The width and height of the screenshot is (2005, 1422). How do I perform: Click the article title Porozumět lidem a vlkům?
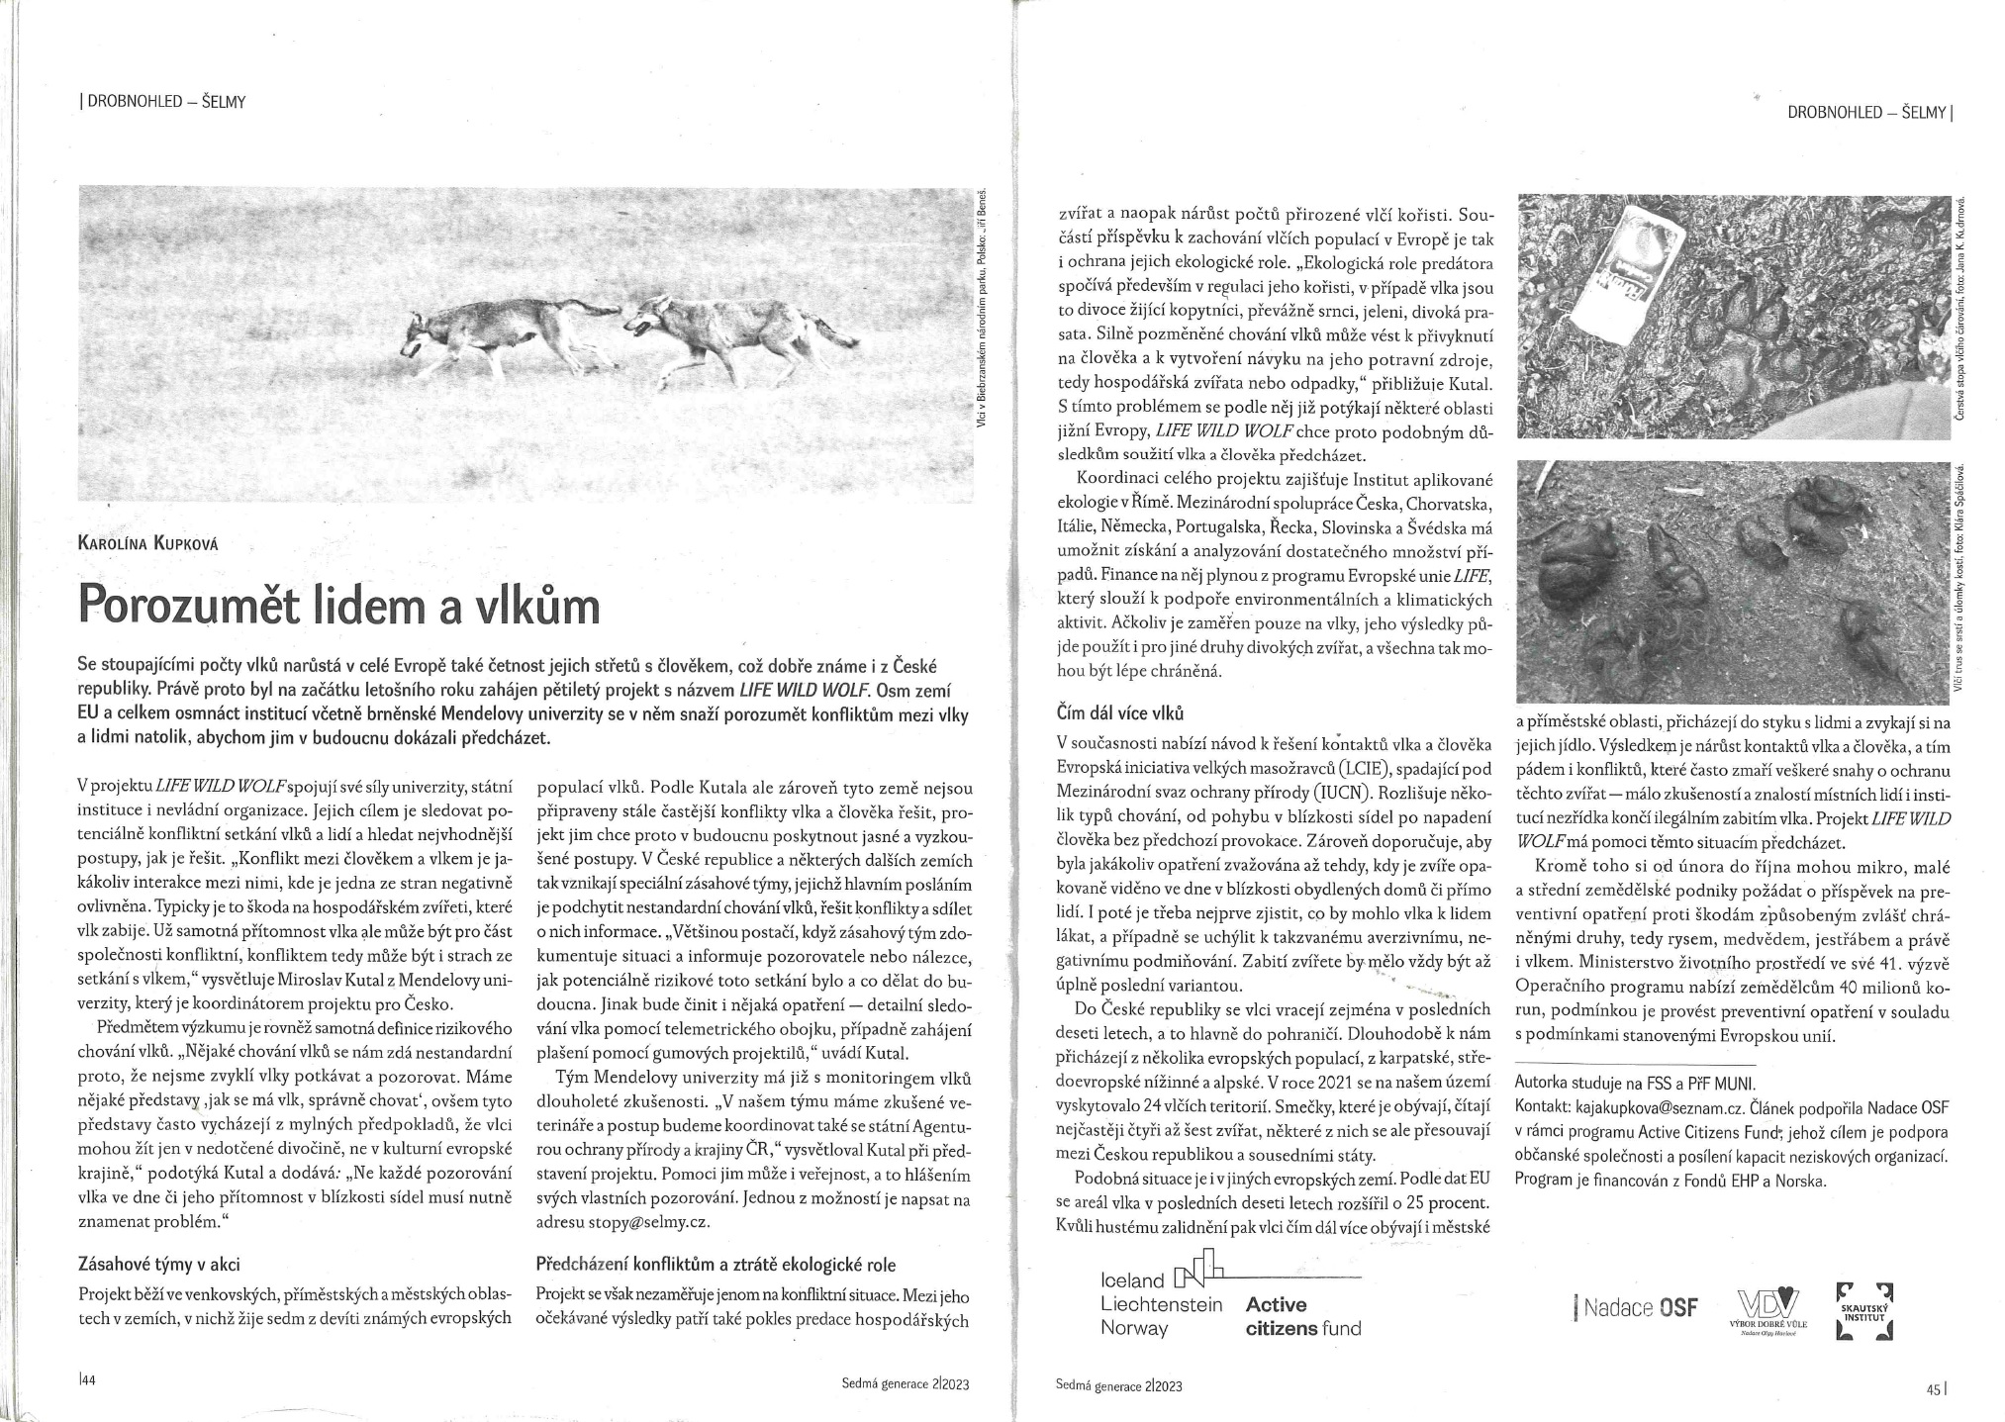tap(338, 604)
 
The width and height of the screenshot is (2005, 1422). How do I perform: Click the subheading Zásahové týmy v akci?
tap(157, 1264)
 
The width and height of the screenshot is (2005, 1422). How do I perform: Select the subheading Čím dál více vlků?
tap(1120, 712)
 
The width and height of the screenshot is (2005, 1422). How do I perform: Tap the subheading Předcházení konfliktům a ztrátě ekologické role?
tap(716, 1264)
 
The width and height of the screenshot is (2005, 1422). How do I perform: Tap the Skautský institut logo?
tap(1864, 1310)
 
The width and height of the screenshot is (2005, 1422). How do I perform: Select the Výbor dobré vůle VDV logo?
tap(1769, 1312)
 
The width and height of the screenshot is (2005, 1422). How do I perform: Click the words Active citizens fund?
tap(1302, 1316)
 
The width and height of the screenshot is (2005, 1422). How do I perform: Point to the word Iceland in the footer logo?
tap(1132, 1280)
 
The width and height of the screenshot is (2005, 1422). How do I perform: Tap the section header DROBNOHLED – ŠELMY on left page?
tap(161, 101)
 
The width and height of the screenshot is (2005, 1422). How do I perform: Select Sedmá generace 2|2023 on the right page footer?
tap(1118, 1386)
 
